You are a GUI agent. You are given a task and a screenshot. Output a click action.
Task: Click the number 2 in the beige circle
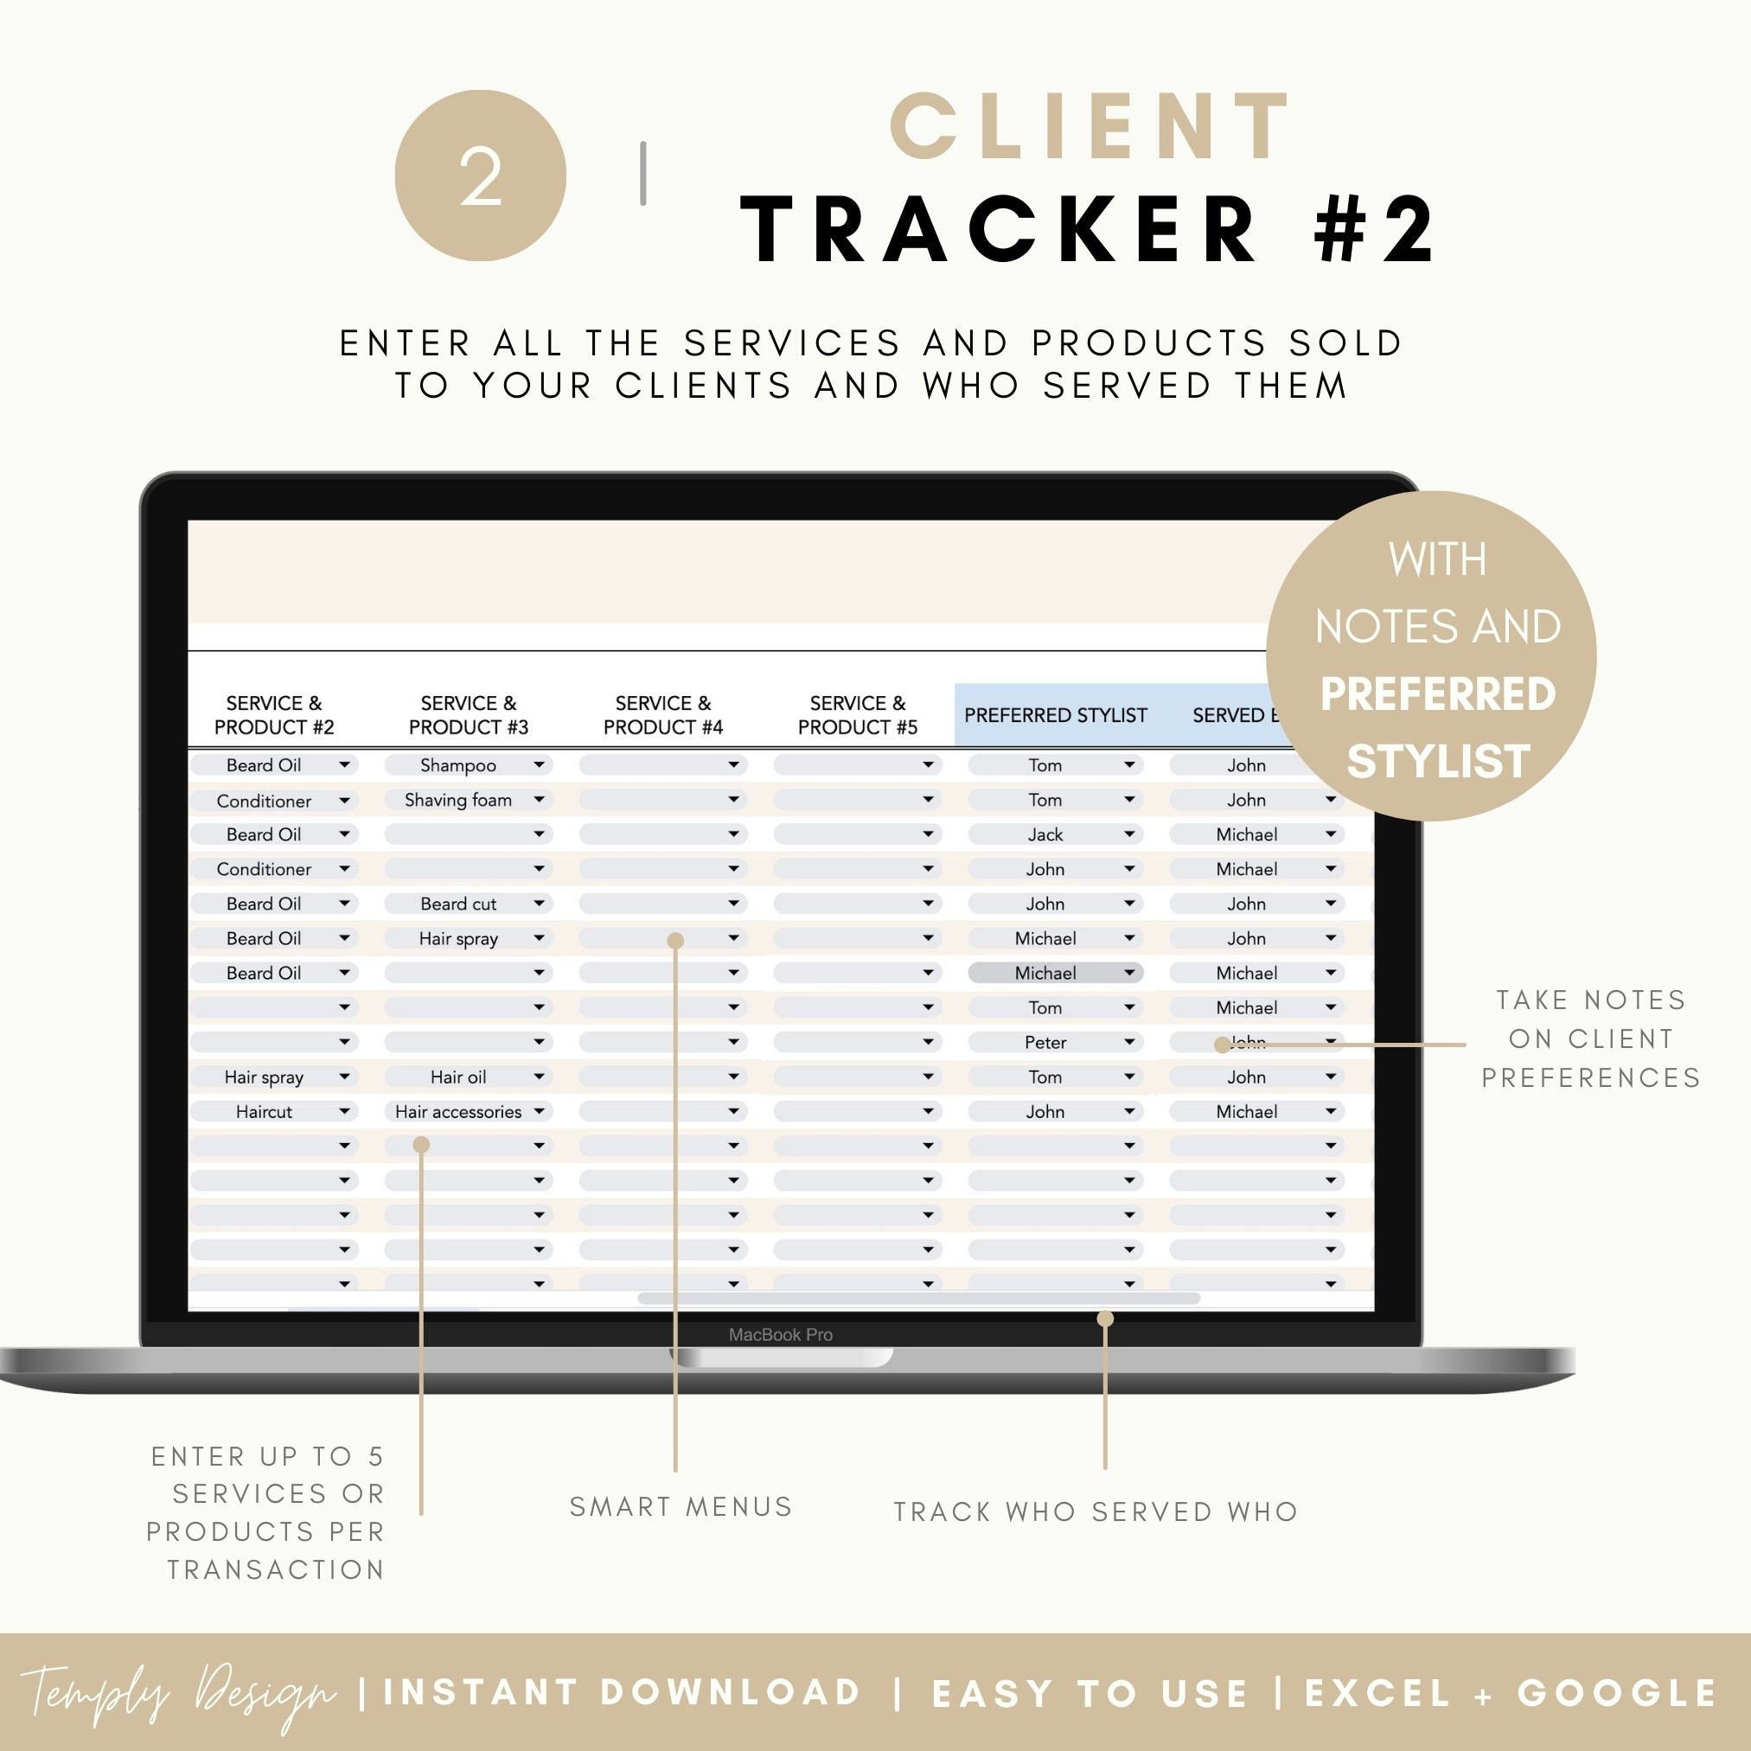click(x=481, y=176)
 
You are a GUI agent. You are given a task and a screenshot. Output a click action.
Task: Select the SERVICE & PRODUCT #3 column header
click(x=468, y=715)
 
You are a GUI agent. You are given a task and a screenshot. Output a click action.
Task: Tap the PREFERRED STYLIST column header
click(x=1055, y=715)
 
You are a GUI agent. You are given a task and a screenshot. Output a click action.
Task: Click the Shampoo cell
click(x=458, y=765)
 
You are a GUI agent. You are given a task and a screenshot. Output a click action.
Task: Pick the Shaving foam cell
click(x=458, y=799)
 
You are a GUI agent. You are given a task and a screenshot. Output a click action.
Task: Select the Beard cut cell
click(x=458, y=904)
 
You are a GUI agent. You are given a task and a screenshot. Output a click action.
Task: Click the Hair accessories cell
click(x=458, y=1111)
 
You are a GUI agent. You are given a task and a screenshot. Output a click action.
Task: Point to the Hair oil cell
click(x=458, y=1077)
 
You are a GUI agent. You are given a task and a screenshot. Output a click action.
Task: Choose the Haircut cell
click(x=264, y=1111)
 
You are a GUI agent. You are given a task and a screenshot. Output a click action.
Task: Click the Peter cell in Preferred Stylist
click(x=1045, y=1042)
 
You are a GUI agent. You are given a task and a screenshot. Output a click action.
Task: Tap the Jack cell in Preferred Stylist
click(x=1045, y=834)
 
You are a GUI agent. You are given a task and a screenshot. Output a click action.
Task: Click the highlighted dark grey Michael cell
click(x=1045, y=973)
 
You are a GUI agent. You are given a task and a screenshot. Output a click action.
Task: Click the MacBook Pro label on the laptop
click(x=780, y=1334)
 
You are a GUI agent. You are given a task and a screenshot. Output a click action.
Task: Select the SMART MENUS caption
click(x=681, y=1507)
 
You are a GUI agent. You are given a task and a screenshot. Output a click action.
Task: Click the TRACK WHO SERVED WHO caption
click(x=1096, y=1511)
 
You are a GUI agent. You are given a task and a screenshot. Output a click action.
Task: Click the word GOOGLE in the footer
click(x=1618, y=1693)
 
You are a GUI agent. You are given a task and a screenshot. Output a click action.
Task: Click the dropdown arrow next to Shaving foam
click(x=540, y=799)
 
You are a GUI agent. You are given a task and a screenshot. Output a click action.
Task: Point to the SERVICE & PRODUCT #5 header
click(x=858, y=715)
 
